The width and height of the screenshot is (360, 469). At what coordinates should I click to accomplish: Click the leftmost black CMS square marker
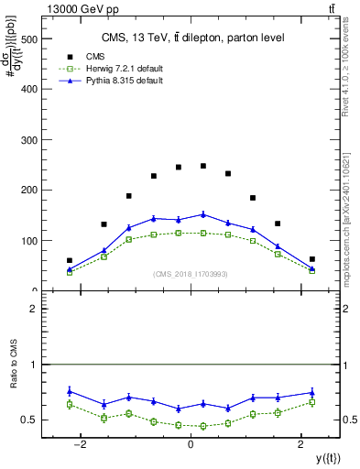(x=70, y=260)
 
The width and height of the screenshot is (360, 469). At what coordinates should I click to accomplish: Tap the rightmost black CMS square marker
(x=311, y=259)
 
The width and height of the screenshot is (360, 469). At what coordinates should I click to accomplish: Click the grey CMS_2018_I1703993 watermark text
(x=190, y=274)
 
